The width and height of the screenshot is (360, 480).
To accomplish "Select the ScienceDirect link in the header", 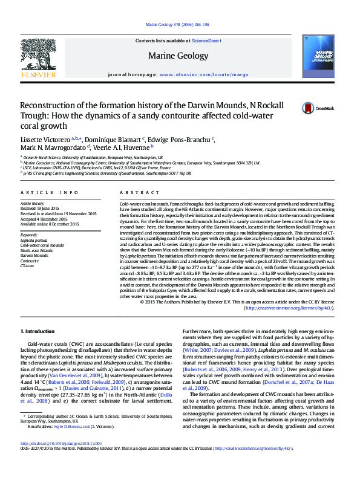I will tap(206, 41).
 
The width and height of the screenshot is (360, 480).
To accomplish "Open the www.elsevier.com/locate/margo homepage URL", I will tap(204, 74).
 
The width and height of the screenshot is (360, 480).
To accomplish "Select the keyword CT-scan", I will tap(27, 265).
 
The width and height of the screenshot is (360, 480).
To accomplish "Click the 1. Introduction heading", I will tap(39, 332).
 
